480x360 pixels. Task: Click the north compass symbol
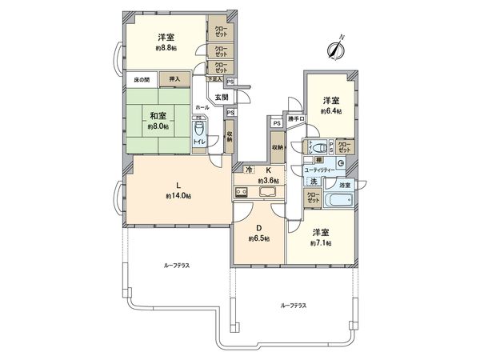coord(334,48)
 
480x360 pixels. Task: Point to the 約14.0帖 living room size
coord(178,195)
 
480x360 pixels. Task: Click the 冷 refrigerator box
coord(249,170)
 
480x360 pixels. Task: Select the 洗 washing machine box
coord(314,182)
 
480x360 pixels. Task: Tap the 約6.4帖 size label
coord(331,111)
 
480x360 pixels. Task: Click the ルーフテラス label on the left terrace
coord(177,263)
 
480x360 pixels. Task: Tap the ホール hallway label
coord(202,106)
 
